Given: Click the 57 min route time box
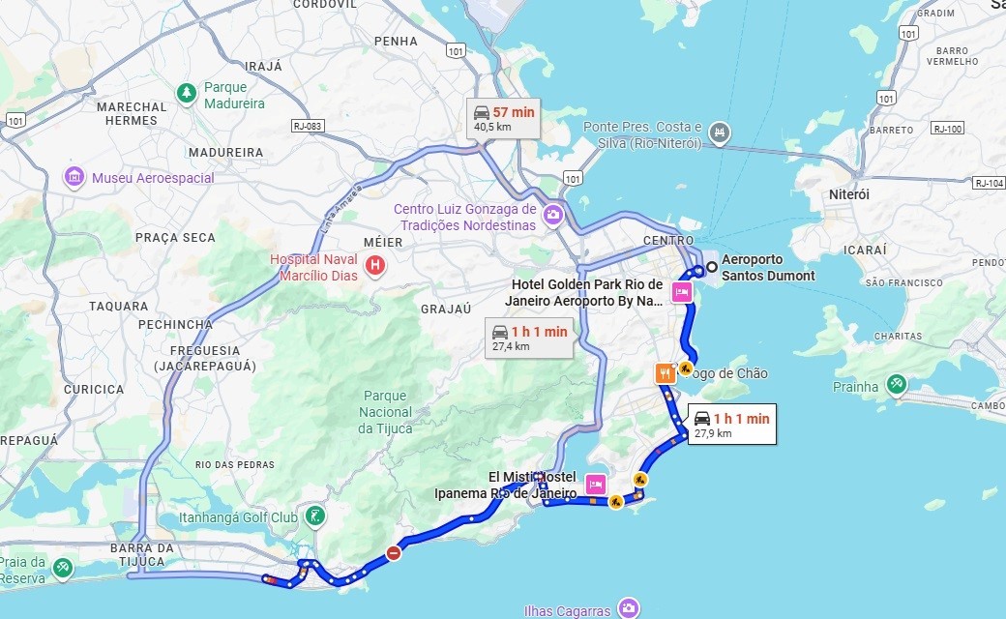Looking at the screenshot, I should [503, 118].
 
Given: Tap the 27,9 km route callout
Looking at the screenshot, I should [731, 425].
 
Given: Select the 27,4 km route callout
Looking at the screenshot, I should [528, 338].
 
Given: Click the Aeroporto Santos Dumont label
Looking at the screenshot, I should [767, 268].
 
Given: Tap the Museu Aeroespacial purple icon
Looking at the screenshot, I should [74, 178].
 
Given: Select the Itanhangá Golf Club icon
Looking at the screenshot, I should [314, 516].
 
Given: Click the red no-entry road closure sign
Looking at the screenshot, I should [393, 553].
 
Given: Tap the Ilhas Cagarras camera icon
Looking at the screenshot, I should [629, 608].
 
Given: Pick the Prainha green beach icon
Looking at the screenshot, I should [897, 385].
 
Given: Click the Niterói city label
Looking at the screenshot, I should [849, 194].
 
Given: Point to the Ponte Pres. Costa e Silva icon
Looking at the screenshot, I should [718, 132].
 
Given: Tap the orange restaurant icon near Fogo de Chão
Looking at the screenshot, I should [664, 372].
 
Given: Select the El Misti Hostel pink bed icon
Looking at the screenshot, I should [596, 484].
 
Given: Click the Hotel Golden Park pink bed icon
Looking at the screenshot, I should [681, 292].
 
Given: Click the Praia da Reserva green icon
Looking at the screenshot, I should [63, 568].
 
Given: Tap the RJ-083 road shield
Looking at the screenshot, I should [307, 126].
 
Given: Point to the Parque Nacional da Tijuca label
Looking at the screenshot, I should [386, 411].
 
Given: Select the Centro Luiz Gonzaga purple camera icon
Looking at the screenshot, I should [553, 215].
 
